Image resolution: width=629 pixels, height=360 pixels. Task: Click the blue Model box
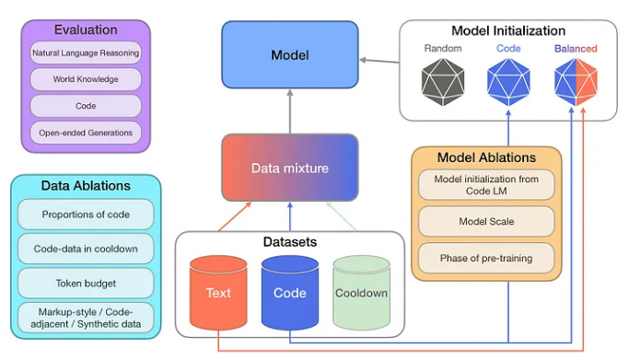(x=289, y=55)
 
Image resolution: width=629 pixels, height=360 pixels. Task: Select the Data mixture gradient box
(x=289, y=168)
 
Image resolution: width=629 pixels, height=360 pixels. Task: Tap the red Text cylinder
(x=218, y=292)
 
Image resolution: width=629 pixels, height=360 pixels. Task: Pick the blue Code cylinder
(x=289, y=292)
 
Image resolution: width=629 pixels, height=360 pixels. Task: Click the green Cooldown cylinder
(x=361, y=292)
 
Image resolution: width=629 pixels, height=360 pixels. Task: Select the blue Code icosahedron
(x=508, y=80)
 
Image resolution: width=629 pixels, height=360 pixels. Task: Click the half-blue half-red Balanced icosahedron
(x=576, y=80)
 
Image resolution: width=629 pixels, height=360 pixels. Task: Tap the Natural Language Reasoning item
(x=86, y=53)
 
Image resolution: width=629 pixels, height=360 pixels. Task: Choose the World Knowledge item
(x=86, y=79)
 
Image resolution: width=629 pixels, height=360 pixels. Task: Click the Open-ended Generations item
(x=86, y=133)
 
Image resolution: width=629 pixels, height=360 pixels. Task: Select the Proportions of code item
(x=86, y=215)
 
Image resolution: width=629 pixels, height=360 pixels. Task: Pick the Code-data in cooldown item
(x=86, y=249)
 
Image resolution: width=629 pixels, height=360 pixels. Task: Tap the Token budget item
(x=86, y=283)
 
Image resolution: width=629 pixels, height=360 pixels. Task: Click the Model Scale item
(x=485, y=222)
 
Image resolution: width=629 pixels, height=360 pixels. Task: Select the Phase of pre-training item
(x=485, y=258)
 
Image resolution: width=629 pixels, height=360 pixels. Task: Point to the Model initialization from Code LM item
(x=485, y=184)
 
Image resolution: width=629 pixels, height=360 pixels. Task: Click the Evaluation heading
(x=86, y=30)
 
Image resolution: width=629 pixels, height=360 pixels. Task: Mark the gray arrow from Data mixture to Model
(x=289, y=110)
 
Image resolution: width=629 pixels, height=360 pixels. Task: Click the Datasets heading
(x=289, y=242)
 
